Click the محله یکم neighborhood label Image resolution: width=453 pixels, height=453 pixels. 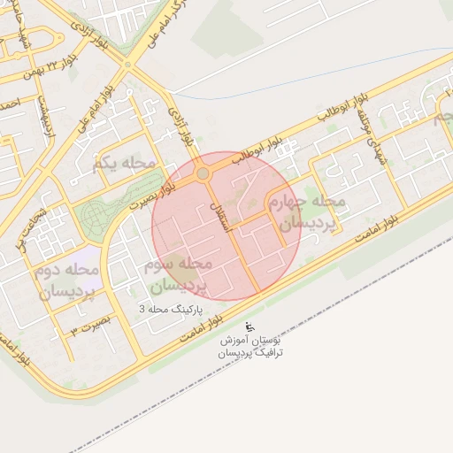pyautogui.click(x=123, y=163)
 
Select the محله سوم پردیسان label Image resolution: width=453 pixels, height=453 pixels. pyautogui.click(x=177, y=275)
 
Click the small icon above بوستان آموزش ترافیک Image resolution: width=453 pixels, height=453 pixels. pyautogui.click(x=247, y=325)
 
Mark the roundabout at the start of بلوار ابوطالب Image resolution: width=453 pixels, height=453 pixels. pyautogui.click(x=203, y=173)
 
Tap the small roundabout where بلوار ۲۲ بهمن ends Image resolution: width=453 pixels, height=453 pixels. pyautogui.click(x=127, y=64)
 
